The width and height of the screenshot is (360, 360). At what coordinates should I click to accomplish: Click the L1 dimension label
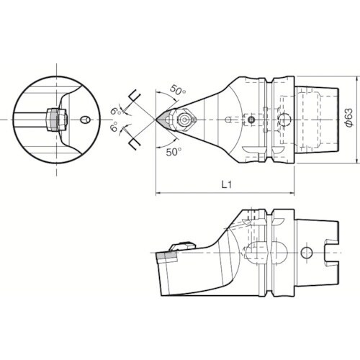225,184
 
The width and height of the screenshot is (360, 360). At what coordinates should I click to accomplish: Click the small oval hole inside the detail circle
85,120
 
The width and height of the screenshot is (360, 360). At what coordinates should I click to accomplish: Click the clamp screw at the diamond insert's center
184,120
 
